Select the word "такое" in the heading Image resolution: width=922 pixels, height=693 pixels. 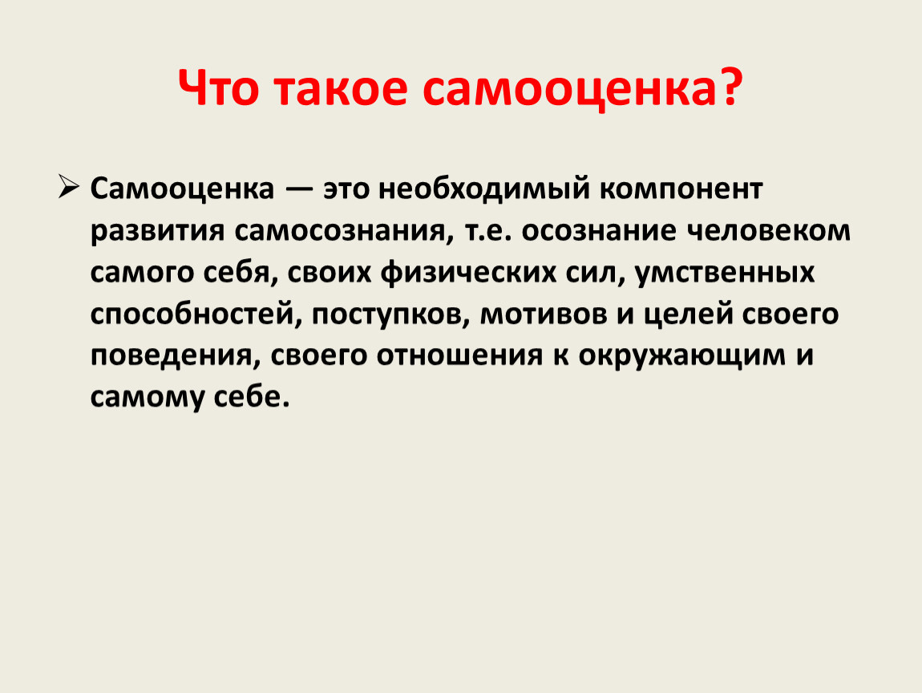point(341,88)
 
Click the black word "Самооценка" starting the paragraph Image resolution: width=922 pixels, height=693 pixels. point(182,188)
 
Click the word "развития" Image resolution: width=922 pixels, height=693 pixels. point(158,231)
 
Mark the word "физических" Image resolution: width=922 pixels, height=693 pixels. point(468,273)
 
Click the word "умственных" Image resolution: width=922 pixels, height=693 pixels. point(725,273)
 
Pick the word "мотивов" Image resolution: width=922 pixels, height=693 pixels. point(544,314)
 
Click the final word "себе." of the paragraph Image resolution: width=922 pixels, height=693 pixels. point(252,397)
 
